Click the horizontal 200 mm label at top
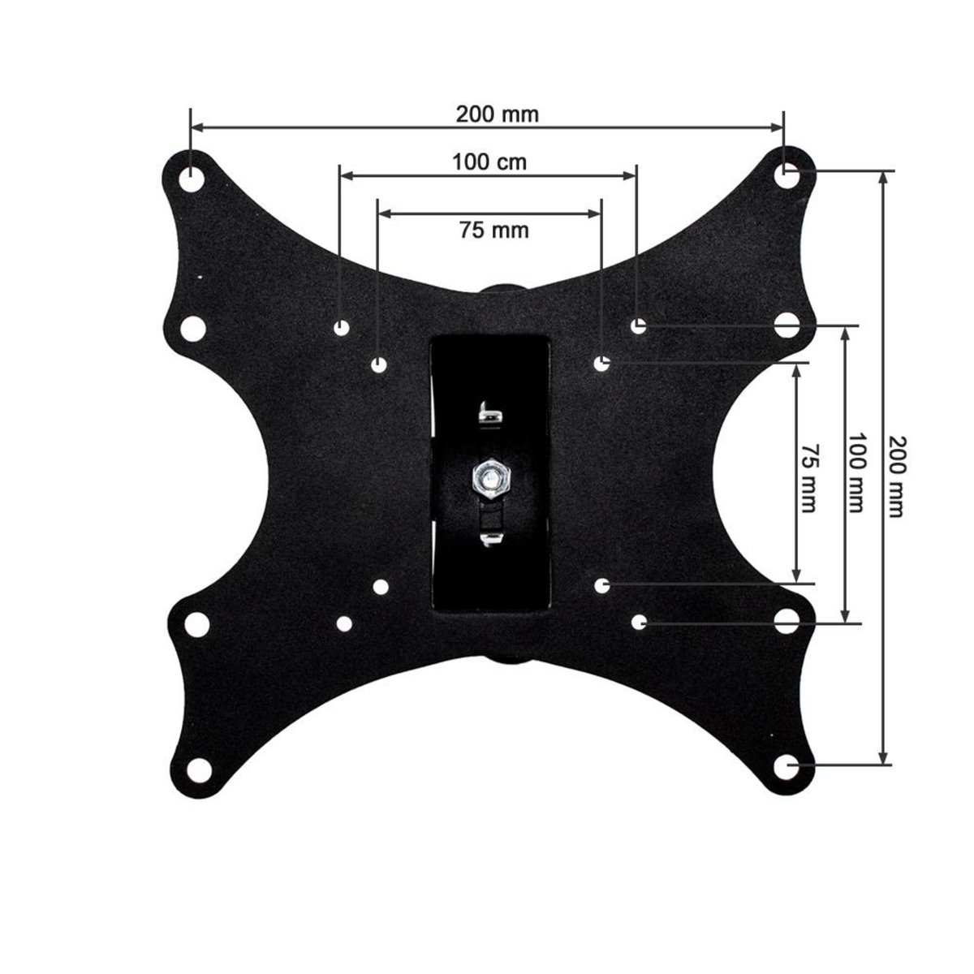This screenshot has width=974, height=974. coord(497,114)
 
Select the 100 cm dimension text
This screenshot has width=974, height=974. coord(489,162)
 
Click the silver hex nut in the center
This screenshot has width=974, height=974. coord(489,478)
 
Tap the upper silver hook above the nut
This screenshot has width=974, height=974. coord(490,412)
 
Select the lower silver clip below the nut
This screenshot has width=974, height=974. coord(490,540)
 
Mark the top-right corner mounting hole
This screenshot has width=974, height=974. coord(786,174)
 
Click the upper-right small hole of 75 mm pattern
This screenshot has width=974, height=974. coord(601,364)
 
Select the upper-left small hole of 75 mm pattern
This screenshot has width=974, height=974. coord(378,365)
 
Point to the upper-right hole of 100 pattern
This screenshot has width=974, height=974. coord(638,325)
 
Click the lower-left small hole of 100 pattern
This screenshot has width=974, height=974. coord(344,624)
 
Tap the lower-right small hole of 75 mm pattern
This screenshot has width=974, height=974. coord(601,584)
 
